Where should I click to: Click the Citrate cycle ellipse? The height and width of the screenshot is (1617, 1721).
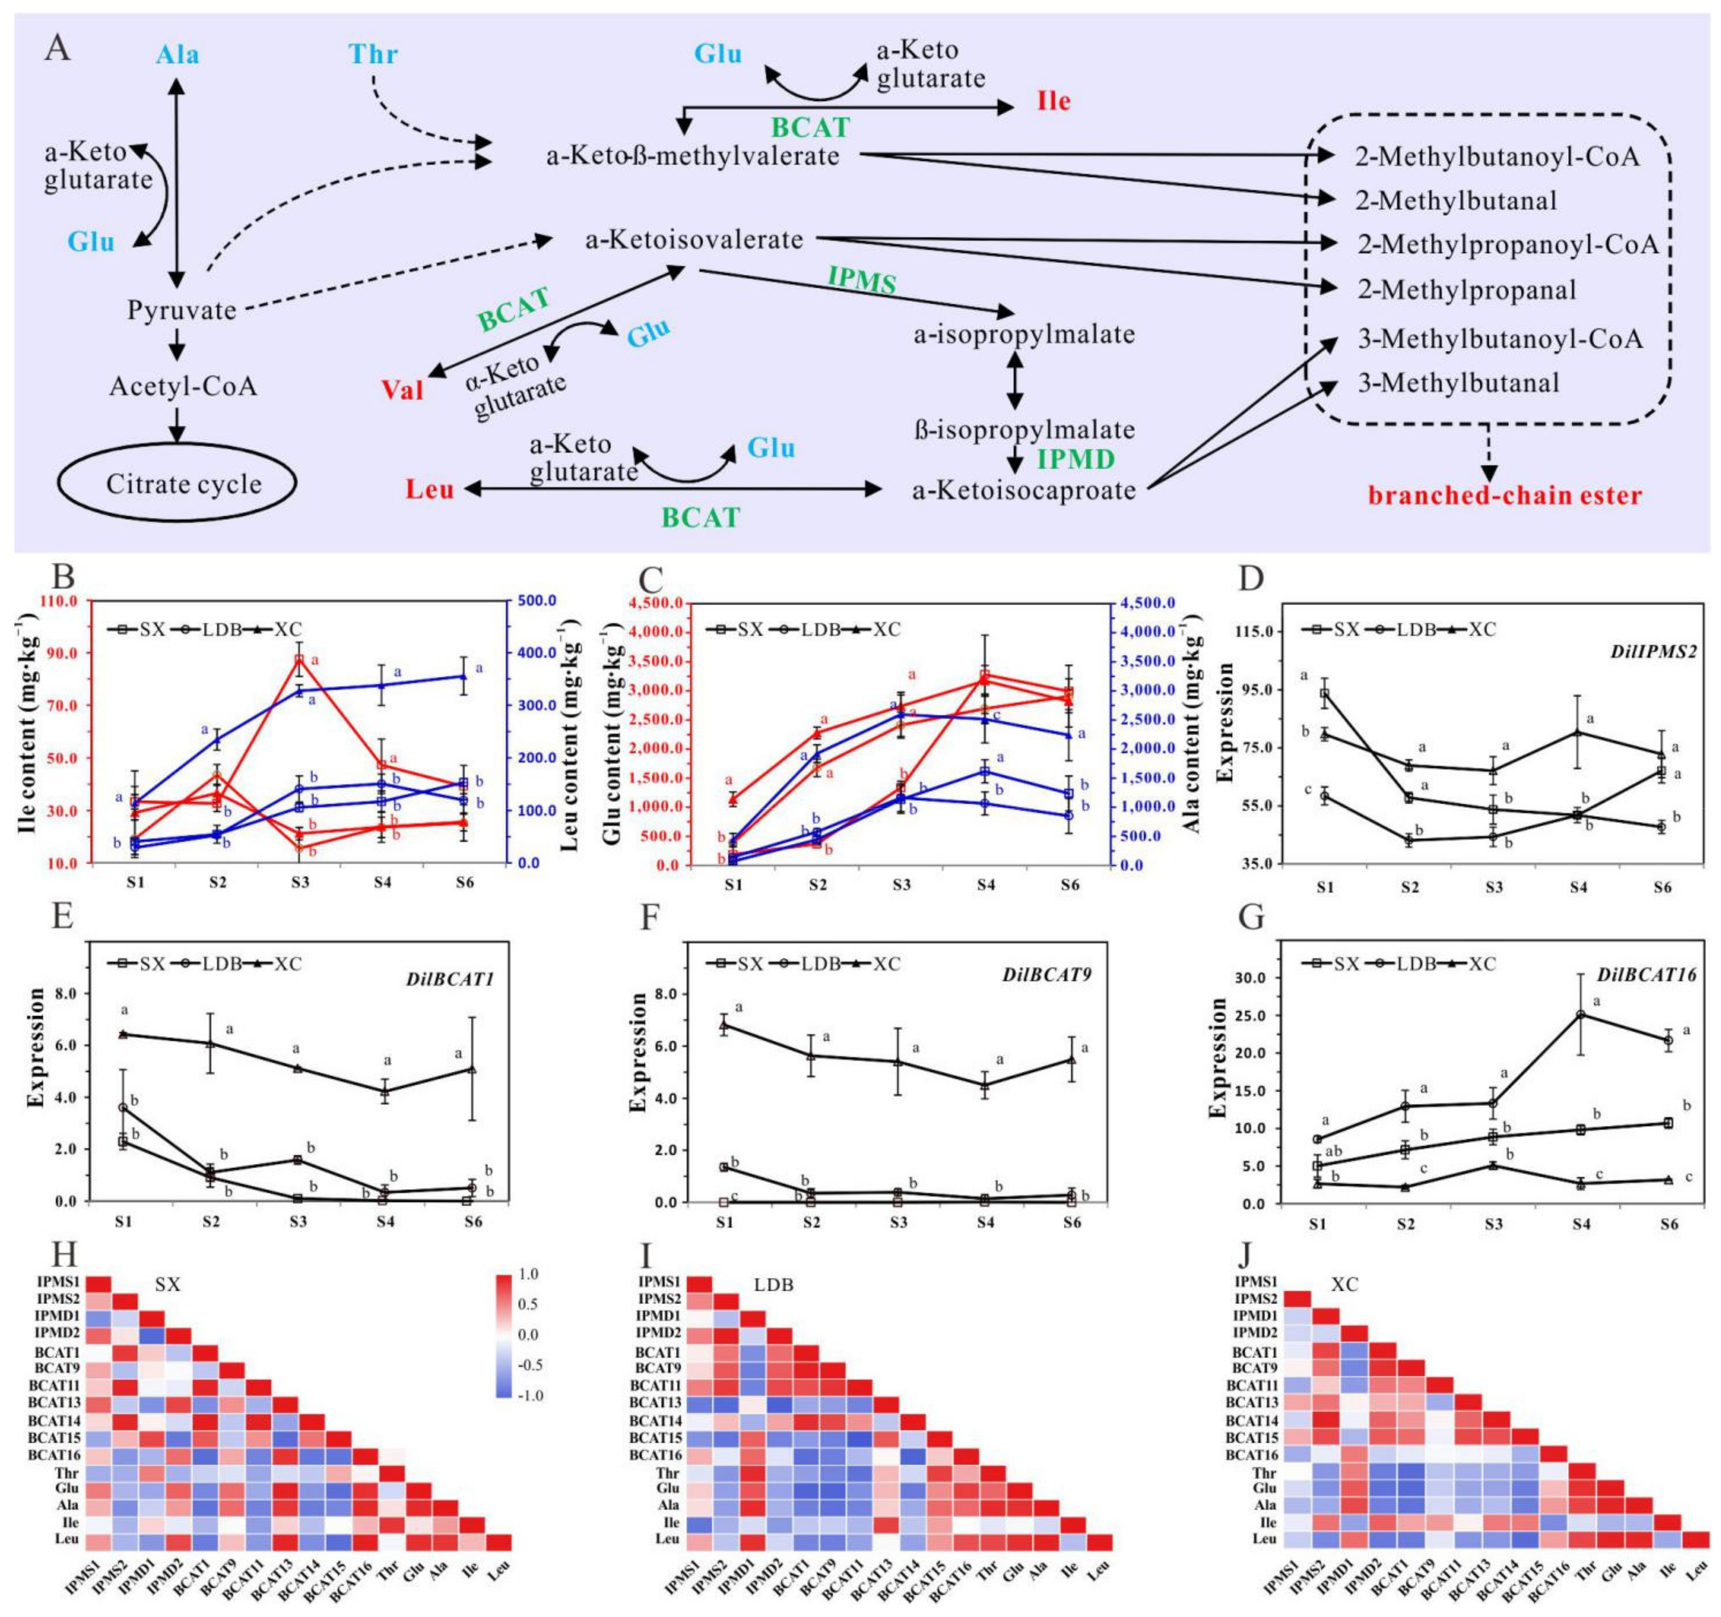[x=177, y=483]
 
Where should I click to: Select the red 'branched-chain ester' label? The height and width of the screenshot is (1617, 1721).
[x=1504, y=496]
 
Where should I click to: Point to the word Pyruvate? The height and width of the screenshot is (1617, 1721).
[x=182, y=310]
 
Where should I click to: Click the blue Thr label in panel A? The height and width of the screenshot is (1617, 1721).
[x=373, y=54]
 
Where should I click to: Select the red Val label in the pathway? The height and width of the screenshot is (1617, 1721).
[x=402, y=390]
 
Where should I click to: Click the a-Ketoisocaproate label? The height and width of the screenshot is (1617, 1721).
[x=1024, y=491]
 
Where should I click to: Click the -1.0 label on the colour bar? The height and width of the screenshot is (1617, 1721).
[x=529, y=1395]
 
